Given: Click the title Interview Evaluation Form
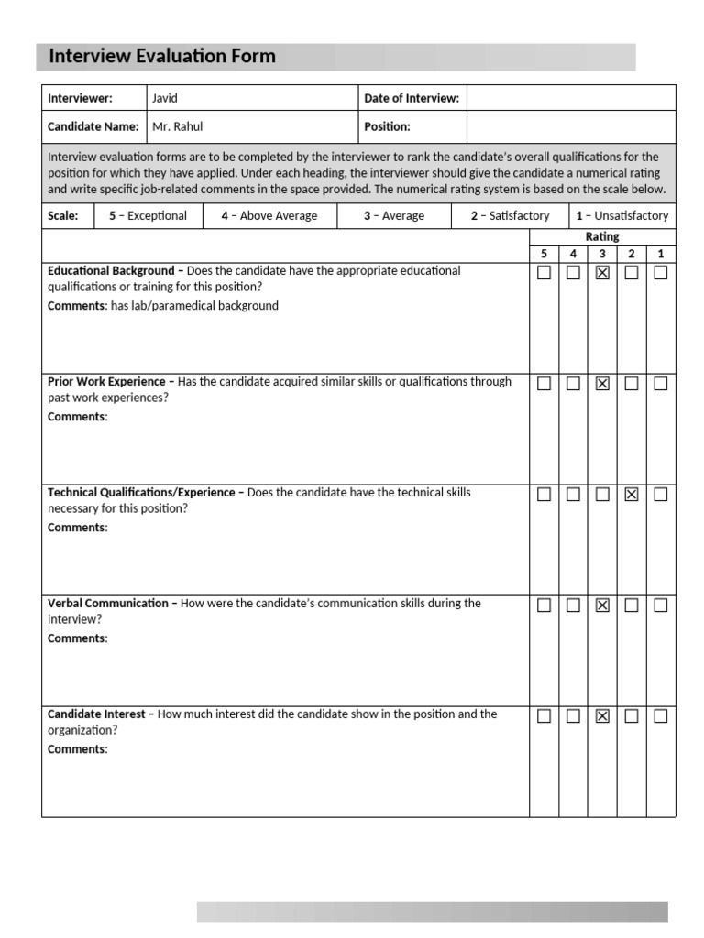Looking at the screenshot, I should click(x=161, y=57).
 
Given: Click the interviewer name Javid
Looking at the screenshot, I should click(x=165, y=98).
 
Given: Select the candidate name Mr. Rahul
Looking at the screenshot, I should click(x=177, y=127).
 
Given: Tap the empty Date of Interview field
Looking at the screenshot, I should click(x=570, y=98).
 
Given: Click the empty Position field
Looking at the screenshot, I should click(x=570, y=127).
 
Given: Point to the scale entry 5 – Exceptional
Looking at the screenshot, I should click(x=148, y=216).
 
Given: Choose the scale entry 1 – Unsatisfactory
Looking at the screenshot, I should click(x=621, y=216).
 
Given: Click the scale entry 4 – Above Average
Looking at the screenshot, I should click(x=269, y=216).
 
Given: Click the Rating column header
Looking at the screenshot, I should click(x=602, y=237).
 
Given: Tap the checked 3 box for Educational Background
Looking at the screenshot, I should click(x=602, y=273).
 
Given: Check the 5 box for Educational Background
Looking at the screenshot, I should click(x=544, y=273).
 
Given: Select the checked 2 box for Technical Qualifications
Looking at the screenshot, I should click(x=632, y=495).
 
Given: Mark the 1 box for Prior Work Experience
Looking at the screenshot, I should click(x=661, y=384).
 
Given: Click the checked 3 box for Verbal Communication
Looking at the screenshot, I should click(x=602, y=605).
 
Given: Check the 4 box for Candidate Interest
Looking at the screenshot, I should click(x=573, y=716).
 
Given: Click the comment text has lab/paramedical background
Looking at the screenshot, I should click(x=194, y=306).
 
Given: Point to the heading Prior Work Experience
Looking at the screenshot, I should click(x=106, y=382).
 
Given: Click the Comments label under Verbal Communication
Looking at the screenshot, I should click(x=77, y=638).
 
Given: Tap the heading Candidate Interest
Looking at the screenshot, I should click(x=98, y=714).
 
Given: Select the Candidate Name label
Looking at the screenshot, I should click(x=93, y=127).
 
